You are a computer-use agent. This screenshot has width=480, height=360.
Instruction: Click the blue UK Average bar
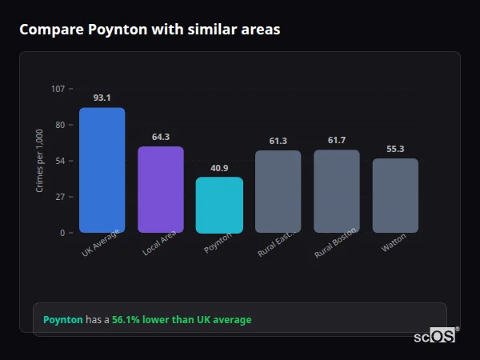(102, 170)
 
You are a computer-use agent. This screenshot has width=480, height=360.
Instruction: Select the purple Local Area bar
(161, 190)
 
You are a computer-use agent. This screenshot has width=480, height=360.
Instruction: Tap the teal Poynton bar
(219, 205)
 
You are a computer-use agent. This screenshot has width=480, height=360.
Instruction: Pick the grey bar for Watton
(395, 195)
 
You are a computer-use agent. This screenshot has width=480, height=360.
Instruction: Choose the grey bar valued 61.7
(337, 191)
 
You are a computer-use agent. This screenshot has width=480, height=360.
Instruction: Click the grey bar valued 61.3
(278, 192)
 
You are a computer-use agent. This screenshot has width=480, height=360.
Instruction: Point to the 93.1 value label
(102, 98)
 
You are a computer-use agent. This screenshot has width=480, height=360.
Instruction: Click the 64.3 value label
(161, 137)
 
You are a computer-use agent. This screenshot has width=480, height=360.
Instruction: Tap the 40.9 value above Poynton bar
(219, 168)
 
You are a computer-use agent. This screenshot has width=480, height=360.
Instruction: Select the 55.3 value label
(395, 149)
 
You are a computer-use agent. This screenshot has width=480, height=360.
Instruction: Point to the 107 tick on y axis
(58, 89)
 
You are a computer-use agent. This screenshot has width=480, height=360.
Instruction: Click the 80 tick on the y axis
(59, 125)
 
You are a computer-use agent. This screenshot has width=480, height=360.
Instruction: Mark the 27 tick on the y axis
(59, 197)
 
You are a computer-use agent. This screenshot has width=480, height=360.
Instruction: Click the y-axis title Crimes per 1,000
(40, 161)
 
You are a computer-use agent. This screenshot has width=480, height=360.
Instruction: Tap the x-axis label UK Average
(101, 243)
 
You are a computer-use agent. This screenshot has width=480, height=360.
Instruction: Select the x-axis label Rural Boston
(335, 244)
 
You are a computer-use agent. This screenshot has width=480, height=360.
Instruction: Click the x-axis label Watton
(394, 242)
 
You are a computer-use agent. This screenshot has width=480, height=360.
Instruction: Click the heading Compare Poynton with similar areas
(150, 30)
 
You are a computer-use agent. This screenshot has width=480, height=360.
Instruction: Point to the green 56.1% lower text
(182, 320)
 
